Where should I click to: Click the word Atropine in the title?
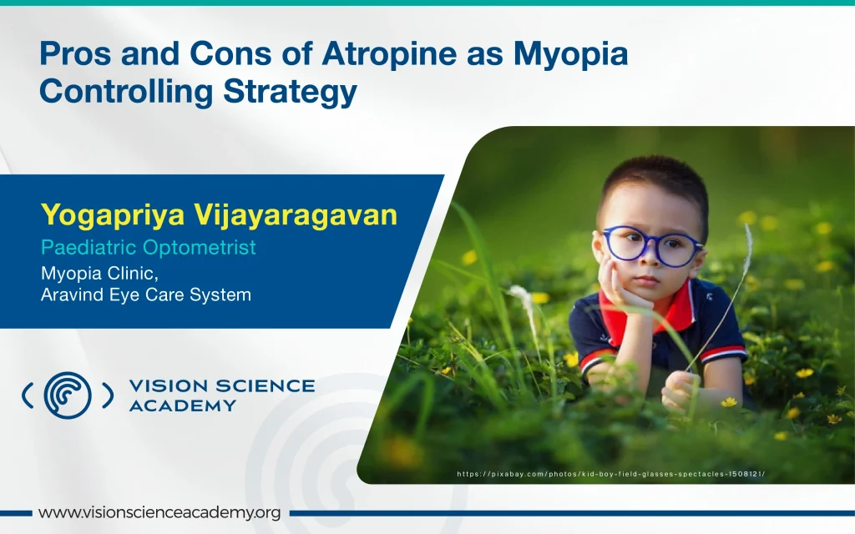[x=389, y=54]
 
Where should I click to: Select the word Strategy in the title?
[x=290, y=92]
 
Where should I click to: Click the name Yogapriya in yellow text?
[x=113, y=215]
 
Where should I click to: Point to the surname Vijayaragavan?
[x=296, y=215]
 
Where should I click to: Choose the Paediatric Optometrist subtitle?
[x=149, y=248]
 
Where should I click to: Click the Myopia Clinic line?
[x=99, y=273]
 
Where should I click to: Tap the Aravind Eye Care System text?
[x=146, y=295]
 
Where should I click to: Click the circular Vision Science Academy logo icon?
[x=68, y=395]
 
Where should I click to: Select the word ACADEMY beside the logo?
[x=183, y=406]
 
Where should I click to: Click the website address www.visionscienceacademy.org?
[x=159, y=513]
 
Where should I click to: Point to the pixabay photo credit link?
[x=610, y=474]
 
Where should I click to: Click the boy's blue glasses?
[x=650, y=246]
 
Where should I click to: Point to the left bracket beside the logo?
[x=27, y=395]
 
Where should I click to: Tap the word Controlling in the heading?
[x=126, y=92]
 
